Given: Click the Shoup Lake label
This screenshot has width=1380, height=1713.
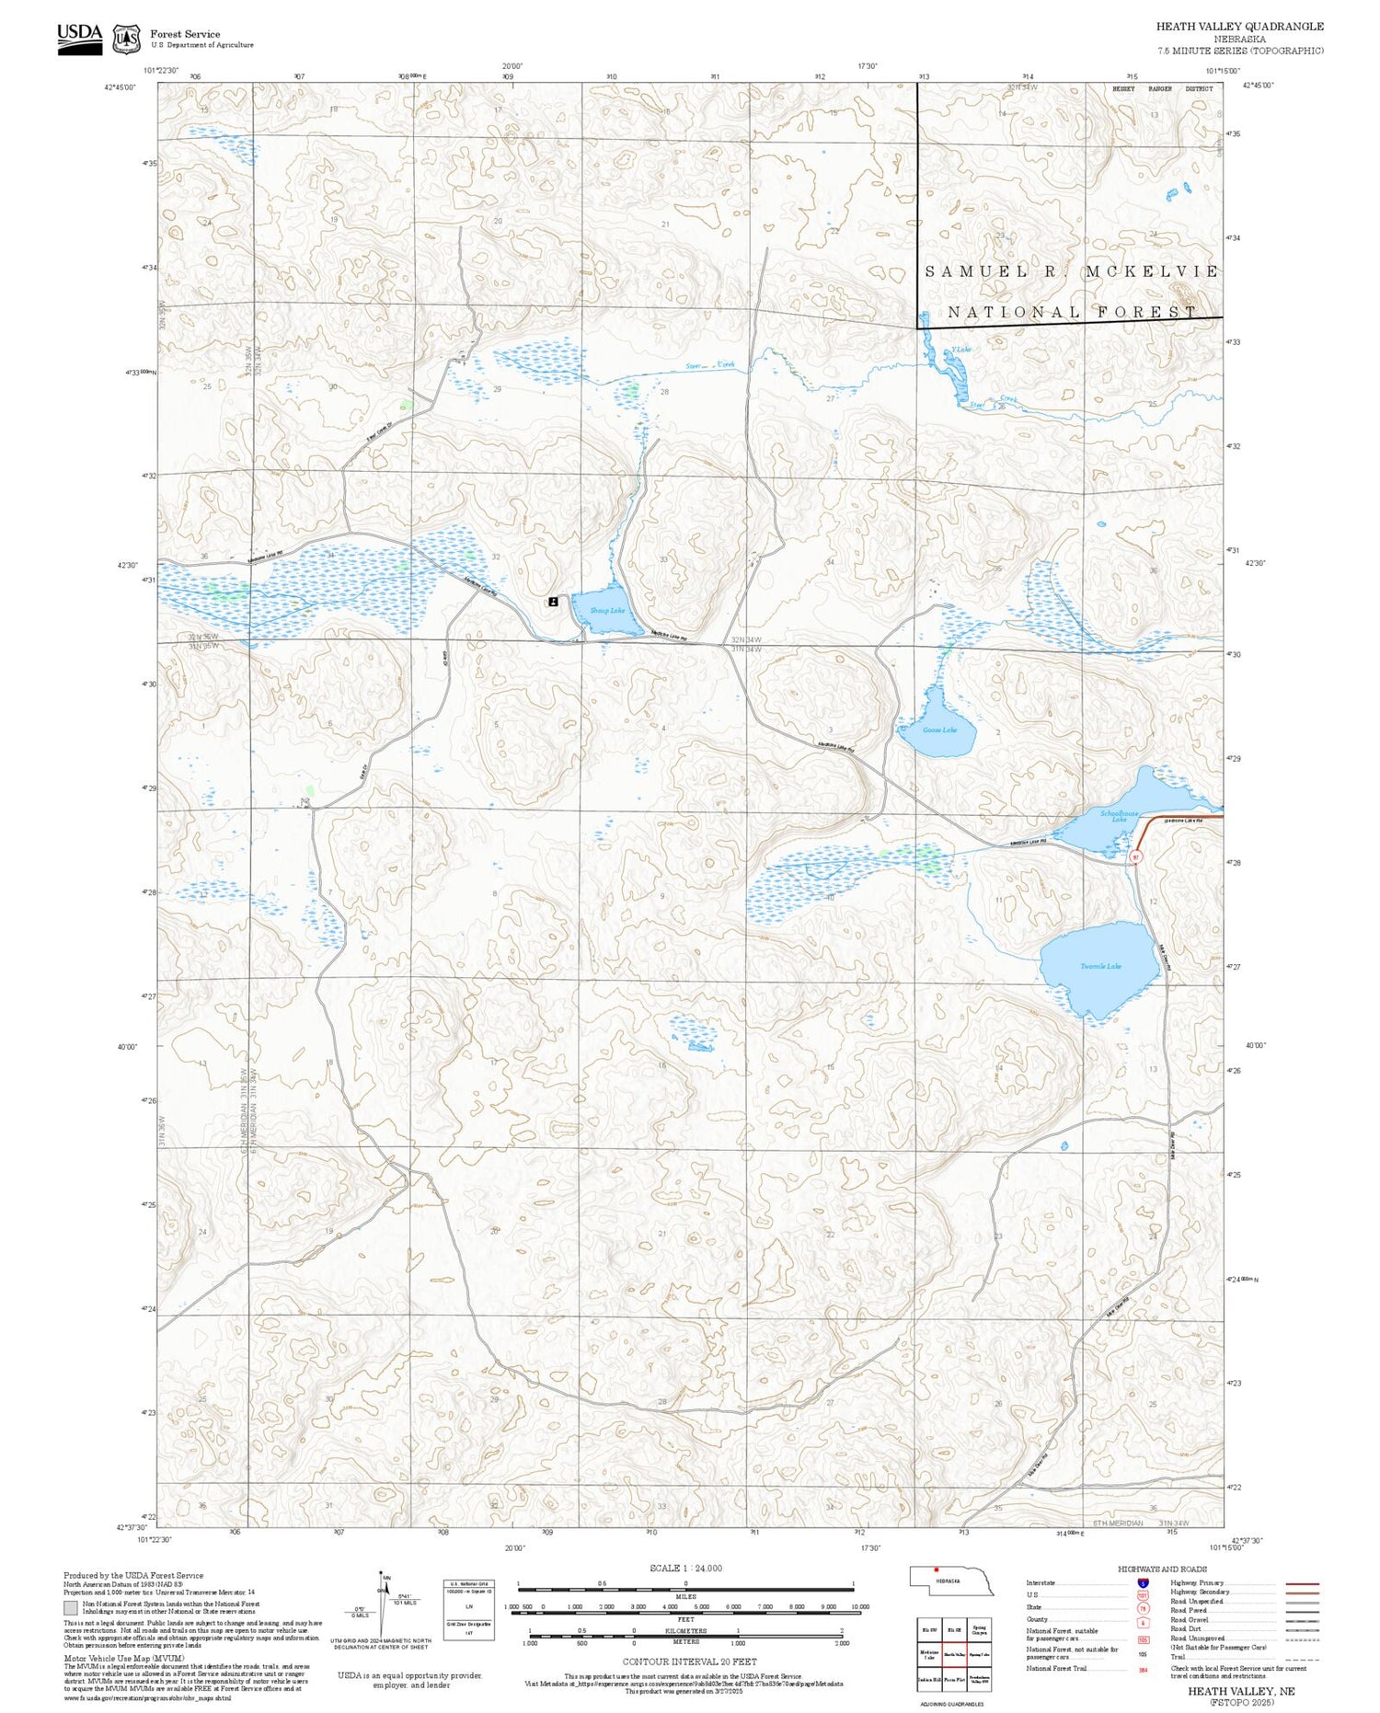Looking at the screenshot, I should (607, 611).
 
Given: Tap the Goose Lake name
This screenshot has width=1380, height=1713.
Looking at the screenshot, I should (940, 730).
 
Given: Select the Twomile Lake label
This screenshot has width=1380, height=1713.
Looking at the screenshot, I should (1100, 966).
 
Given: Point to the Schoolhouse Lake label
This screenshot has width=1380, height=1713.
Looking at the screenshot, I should (1120, 816).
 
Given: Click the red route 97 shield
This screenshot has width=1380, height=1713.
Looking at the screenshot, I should (1136, 857).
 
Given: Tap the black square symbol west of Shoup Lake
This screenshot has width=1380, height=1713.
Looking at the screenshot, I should (552, 601).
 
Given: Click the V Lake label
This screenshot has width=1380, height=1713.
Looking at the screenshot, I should (961, 350).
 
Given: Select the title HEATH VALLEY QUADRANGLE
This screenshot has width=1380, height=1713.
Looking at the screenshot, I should (1239, 27).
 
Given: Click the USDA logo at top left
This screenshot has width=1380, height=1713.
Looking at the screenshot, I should (80, 38).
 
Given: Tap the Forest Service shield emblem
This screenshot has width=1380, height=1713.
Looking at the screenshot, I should (126, 40).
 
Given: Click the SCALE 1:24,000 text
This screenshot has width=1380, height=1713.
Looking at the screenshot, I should (685, 1568).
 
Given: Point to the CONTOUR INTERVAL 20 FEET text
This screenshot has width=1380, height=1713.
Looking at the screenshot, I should (689, 1661).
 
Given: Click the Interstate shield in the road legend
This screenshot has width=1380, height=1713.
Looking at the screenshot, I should (1143, 1582).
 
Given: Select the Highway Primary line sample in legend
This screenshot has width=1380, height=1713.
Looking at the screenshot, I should (1299, 1583).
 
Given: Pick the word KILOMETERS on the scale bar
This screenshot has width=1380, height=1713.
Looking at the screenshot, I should (685, 1631).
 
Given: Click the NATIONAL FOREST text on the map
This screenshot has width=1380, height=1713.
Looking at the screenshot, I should (1072, 313).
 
